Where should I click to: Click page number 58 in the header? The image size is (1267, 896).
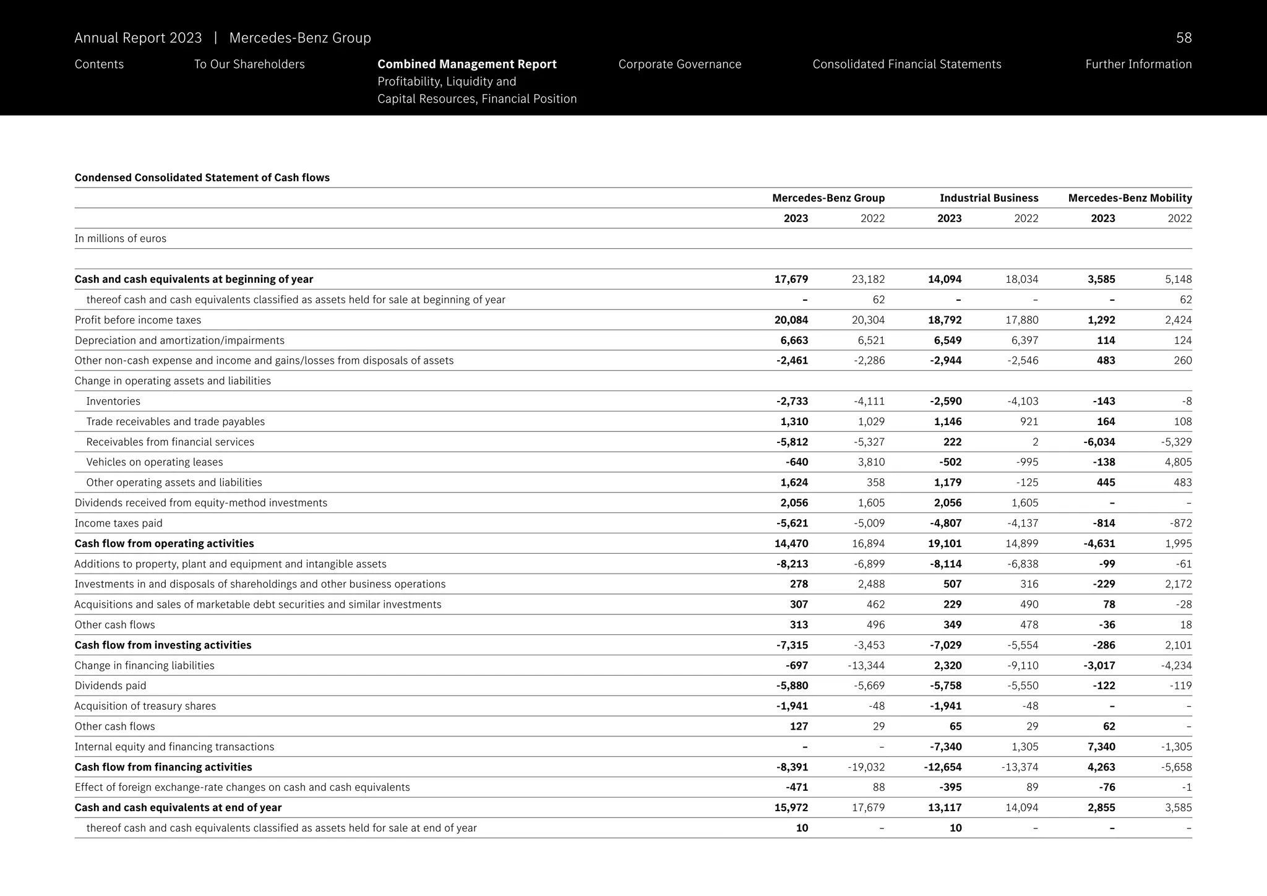tap(1183, 38)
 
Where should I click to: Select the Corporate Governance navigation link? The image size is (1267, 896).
tap(679, 64)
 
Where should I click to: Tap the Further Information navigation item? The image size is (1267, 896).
tap(1138, 64)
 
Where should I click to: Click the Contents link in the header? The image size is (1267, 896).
tap(99, 64)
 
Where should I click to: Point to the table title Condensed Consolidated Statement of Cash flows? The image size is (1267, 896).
tap(202, 178)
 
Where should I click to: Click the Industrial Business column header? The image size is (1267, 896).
tap(989, 198)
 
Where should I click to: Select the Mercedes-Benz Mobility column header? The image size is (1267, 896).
tap(1130, 198)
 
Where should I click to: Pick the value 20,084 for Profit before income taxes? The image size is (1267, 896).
tap(791, 320)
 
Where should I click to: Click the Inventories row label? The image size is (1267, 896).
tap(113, 401)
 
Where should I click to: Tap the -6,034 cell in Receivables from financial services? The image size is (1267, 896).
tap(1099, 442)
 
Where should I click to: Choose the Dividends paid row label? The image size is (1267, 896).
tap(110, 686)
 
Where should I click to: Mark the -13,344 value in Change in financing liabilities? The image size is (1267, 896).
tap(866, 665)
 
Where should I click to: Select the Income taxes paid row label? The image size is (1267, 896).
tap(118, 523)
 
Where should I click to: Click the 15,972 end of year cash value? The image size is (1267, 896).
tap(791, 808)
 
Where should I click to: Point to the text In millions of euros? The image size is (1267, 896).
tap(120, 239)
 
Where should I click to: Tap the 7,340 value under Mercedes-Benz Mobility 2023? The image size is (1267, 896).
tap(1101, 746)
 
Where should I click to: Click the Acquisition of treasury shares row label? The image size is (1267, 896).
tap(145, 706)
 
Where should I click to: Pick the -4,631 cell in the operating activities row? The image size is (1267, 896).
tap(1099, 543)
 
